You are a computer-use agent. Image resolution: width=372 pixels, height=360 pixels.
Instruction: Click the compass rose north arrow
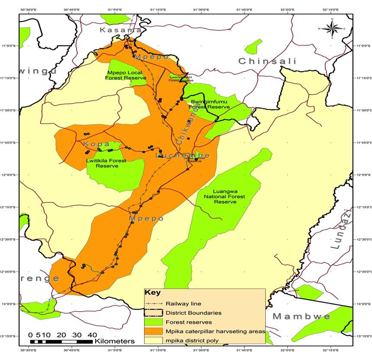(332, 28)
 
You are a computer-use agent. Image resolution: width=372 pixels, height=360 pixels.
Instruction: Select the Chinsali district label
(267, 61)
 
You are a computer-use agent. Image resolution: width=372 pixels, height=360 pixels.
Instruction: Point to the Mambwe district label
(301, 317)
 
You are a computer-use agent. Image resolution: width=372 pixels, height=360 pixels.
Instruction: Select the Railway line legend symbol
(154, 304)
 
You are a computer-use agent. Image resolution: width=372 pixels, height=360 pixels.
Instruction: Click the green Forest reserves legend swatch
(154, 322)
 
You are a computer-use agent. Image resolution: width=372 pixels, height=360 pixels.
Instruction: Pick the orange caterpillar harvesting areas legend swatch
(154, 331)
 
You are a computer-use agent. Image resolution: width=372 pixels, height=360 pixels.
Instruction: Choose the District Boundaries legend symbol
(154, 313)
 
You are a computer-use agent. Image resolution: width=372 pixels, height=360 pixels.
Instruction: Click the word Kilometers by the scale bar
(115, 341)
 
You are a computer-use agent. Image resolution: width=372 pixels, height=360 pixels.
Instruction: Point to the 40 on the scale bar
(92, 335)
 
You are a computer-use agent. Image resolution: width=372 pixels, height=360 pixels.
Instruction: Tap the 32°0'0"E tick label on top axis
(287, 9)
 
